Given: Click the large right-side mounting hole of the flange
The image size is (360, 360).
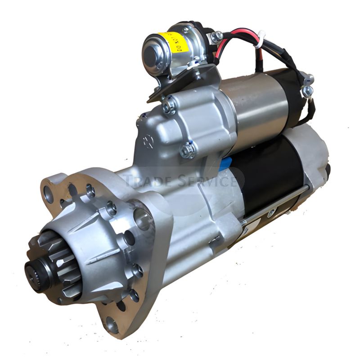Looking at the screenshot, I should tap(142, 219).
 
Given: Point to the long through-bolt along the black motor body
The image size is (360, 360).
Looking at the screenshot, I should tap(274, 205).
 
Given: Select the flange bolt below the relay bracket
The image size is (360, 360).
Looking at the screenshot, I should tap(170, 106).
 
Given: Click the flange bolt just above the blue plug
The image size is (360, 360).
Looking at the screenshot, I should tap(188, 149).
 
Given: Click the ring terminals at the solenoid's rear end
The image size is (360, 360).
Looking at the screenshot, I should tap(307, 85).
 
